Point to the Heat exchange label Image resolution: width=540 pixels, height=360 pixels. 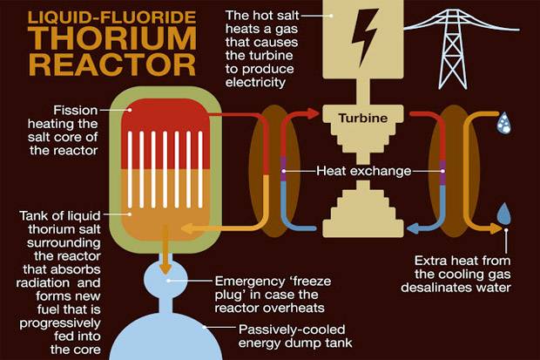tap(364, 171)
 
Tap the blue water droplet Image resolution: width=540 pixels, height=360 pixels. tap(503, 213)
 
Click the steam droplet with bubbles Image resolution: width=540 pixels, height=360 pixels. tap(503, 125)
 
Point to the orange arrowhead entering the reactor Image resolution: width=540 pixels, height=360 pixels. tap(186, 228)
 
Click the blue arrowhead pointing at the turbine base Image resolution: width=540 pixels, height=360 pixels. tap(414, 228)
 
